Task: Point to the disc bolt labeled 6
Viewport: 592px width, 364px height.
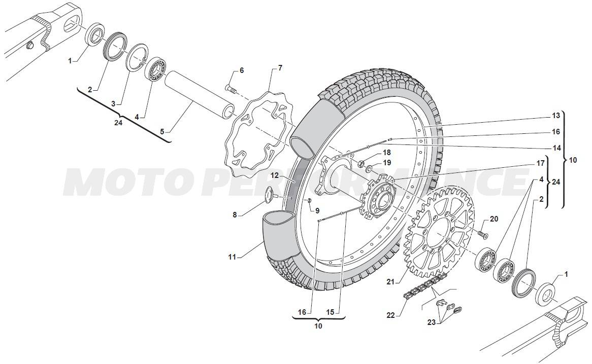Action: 231,89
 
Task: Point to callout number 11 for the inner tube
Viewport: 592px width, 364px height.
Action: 232,258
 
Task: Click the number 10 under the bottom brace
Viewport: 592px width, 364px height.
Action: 318,326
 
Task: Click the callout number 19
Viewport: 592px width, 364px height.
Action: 387,163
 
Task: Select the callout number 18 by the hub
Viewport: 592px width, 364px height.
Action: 386,152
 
